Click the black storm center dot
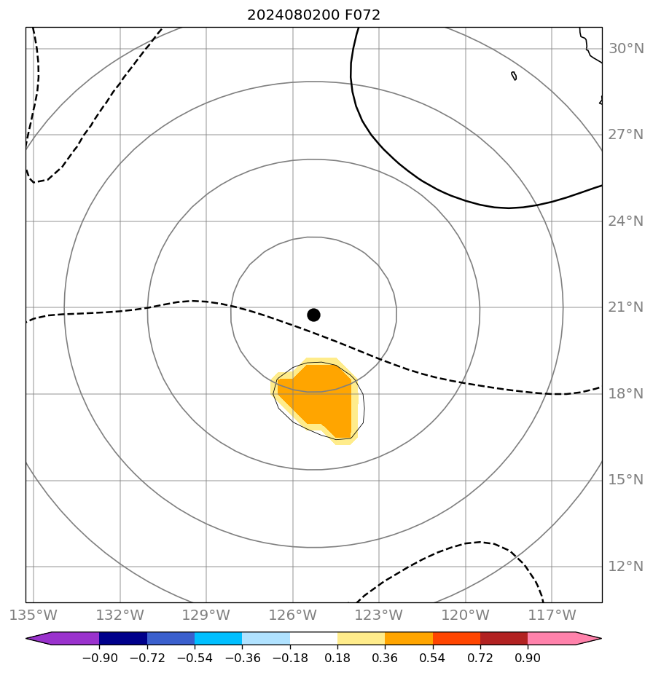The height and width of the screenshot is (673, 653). (x=313, y=315)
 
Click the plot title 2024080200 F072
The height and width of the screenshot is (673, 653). (x=313, y=15)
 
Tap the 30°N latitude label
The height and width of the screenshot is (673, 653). (x=626, y=49)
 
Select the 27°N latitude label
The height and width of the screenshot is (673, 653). (x=626, y=135)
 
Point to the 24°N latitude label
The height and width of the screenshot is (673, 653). (x=626, y=221)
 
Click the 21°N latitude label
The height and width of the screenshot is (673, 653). (x=626, y=307)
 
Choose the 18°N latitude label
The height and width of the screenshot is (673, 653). (x=626, y=394)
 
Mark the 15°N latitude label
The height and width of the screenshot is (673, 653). (x=626, y=480)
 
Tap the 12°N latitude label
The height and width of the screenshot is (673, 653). (x=626, y=567)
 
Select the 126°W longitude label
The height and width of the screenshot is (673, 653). (x=293, y=615)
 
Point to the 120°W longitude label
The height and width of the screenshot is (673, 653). (x=466, y=615)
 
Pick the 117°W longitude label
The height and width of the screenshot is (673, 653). (x=552, y=615)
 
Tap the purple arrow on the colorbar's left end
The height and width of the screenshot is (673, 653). (x=39, y=639)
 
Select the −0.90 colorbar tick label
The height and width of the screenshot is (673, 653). (x=100, y=658)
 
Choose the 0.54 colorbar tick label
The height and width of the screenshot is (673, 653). (x=433, y=658)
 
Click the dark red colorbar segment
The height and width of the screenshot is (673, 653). (x=504, y=639)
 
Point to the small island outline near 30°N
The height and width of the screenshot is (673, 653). (x=514, y=76)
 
